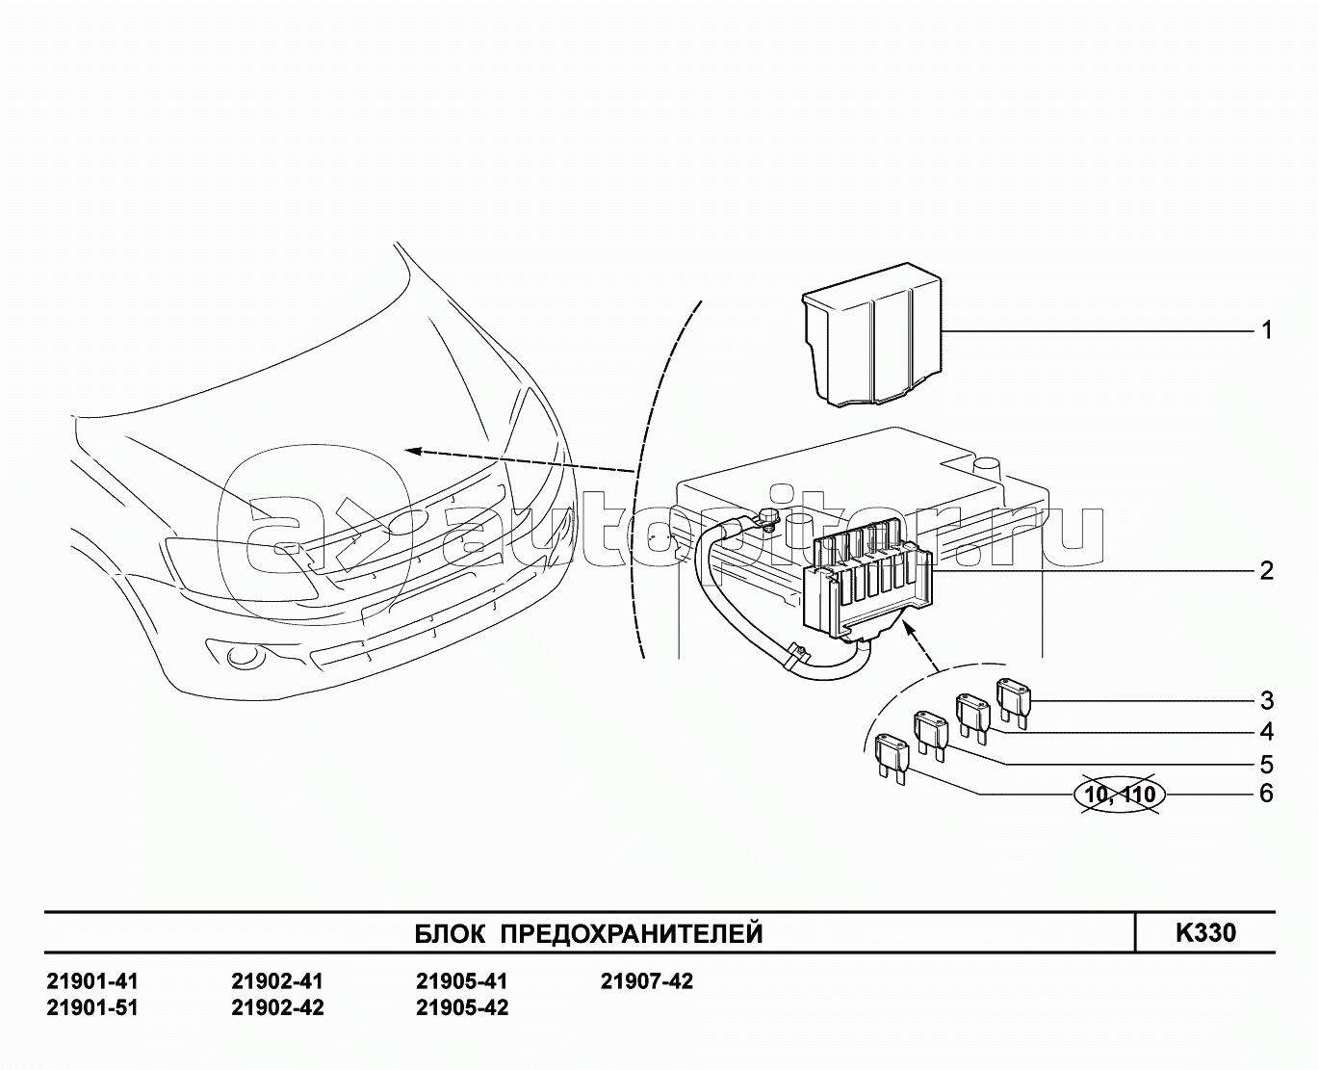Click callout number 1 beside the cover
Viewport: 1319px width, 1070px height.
(x=1267, y=330)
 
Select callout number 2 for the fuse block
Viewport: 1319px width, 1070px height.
(x=1267, y=570)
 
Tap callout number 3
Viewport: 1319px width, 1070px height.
(x=1267, y=700)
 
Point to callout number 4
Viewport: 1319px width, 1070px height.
(x=1267, y=732)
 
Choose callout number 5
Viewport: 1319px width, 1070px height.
(x=1267, y=765)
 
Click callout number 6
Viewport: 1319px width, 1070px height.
(x=1267, y=794)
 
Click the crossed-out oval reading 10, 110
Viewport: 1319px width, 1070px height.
(x=1119, y=795)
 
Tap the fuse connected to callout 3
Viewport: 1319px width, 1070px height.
(x=1014, y=697)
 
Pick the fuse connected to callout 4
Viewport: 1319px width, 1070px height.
(x=972, y=714)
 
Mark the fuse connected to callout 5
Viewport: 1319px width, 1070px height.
(x=931, y=731)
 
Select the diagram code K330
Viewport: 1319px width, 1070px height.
(x=1205, y=932)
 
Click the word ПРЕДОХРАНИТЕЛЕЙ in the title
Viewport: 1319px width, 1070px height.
(x=633, y=933)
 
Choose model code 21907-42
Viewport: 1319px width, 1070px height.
(x=646, y=981)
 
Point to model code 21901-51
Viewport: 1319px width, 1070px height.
(x=92, y=1007)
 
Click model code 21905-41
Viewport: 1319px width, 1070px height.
(x=461, y=981)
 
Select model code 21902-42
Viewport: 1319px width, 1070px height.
(x=277, y=1007)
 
